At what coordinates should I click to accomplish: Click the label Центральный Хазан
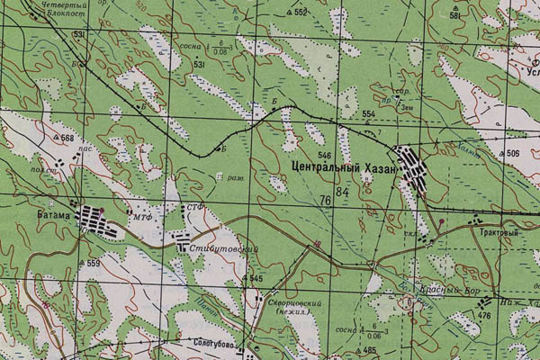345,167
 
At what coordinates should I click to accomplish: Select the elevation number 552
301,12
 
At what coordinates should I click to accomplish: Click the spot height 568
67,138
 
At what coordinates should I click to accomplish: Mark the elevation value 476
484,316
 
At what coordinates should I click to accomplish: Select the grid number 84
341,193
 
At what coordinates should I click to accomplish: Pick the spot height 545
256,279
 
